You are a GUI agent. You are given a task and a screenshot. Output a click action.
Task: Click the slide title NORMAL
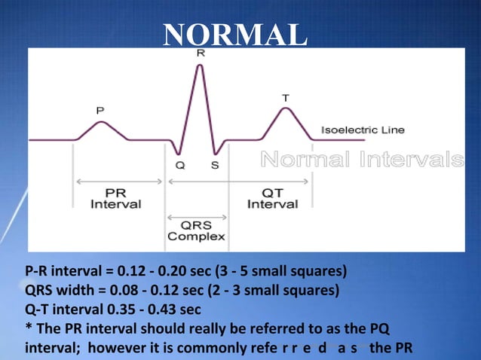tap(235, 34)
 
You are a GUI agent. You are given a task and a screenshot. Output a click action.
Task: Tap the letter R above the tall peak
tap(200, 53)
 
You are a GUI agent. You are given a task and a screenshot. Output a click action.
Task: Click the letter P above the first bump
tap(100, 110)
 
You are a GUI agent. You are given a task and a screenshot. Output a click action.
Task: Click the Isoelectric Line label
tap(363, 130)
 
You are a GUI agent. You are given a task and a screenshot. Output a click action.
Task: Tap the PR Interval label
tap(115, 198)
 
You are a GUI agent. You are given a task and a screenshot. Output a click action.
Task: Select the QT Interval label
tap(272, 198)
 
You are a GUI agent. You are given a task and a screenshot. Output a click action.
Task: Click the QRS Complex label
tap(196, 230)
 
